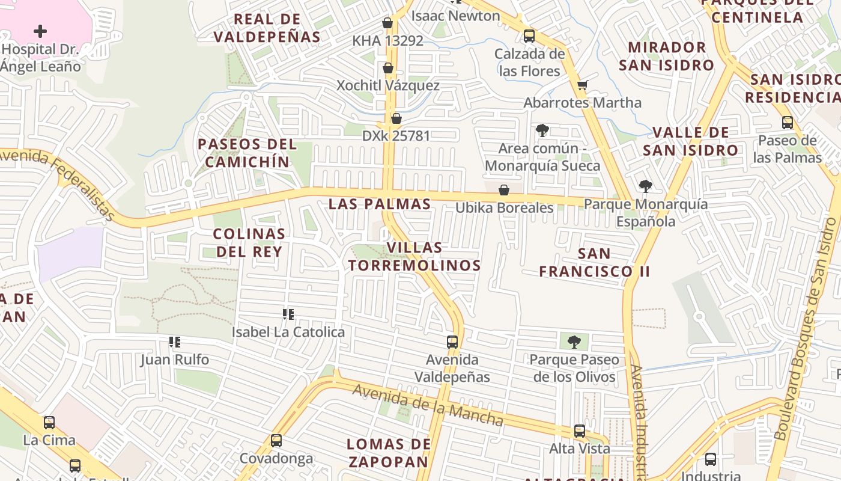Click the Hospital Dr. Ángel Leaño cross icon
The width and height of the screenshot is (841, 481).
[40, 31]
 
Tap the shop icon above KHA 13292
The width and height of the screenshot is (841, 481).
[387, 23]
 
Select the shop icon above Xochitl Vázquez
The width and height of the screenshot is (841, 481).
[388, 68]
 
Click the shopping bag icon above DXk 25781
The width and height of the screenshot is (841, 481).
[396, 118]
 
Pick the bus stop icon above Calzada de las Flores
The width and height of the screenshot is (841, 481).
[529, 35]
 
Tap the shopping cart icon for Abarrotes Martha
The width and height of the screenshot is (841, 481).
[581, 85]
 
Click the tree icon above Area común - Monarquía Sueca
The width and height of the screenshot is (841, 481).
[542, 130]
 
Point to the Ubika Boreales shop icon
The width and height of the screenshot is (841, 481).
[504, 190]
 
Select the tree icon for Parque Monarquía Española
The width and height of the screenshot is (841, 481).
[646, 186]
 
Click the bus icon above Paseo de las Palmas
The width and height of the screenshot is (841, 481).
[787, 123]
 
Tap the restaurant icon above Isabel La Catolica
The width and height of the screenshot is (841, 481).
[288, 314]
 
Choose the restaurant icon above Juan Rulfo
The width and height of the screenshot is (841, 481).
[175, 342]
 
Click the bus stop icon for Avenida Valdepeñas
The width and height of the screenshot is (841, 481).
[452, 342]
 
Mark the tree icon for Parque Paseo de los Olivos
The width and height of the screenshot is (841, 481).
[574, 342]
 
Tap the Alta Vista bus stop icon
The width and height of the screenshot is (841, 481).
[579, 430]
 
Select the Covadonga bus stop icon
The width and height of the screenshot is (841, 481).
[276, 441]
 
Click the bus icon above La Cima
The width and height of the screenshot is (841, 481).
[49, 422]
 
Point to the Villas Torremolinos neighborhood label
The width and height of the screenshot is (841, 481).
[414, 256]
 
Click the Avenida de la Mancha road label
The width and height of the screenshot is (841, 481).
[428, 405]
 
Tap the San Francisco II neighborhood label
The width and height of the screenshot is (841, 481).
[594, 262]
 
